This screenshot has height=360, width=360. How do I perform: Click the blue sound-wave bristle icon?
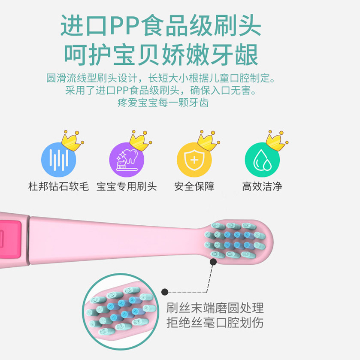pyautogui.click(x=58, y=160)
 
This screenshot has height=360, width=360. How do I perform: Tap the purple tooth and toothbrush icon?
pyautogui.click(x=127, y=160)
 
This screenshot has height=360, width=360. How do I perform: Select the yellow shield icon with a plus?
pyautogui.click(x=194, y=160)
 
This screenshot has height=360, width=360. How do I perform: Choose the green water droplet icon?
pyautogui.click(x=262, y=160)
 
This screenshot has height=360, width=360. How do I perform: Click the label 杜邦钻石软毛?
pyautogui.click(x=58, y=187)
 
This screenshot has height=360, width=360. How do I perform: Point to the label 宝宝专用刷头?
pyautogui.click(x=127, y=187)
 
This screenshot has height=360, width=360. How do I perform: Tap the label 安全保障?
pyautogui.click(x=194, y=187)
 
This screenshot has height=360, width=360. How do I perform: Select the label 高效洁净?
pyautogui.click(x=262, y=187)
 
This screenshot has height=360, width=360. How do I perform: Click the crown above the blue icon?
pyautogui.click(x=72, y=140)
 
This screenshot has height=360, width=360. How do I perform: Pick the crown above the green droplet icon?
pyautogui.click(x=276, y=140)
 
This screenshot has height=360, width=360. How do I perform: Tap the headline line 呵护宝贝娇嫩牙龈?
pyautogui.click(x=161, y=55)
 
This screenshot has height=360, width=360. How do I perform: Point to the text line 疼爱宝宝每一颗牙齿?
pyautogui.click(x=163, y=103)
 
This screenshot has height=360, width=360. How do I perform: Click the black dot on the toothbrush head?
pyautogui.click(x=213, y=261)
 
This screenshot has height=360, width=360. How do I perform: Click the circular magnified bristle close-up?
pyautogui.click(x=118, y=311)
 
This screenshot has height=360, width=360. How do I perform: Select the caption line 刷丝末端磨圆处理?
pyautogui.click(x=215, y=308)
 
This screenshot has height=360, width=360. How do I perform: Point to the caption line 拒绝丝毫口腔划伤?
pyautogui.click(x=215, y=323)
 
